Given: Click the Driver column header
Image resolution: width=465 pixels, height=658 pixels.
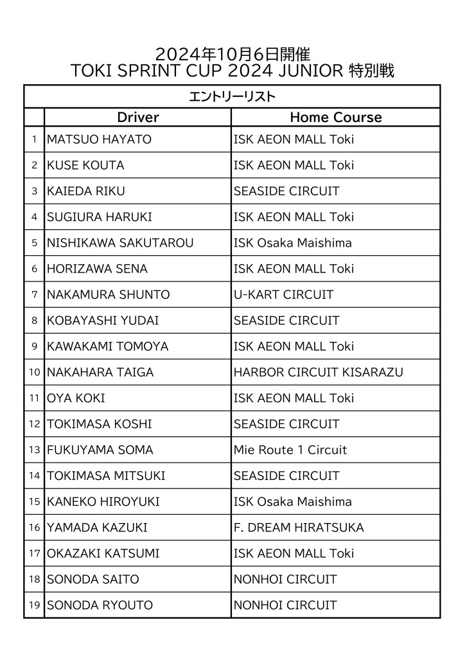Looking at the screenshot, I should (x=137, y=117).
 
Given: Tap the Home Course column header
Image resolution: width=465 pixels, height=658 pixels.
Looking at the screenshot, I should (x=335, y=117).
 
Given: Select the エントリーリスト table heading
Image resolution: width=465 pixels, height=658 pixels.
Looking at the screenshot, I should (x=232, y=97).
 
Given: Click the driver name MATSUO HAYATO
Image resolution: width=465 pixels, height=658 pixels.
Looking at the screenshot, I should (x=99, y=139).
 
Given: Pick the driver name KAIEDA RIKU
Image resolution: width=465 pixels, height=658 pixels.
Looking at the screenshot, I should (x=86, y=191).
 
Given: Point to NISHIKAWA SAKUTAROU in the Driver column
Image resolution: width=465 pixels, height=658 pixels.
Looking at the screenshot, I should (x=120, y=243).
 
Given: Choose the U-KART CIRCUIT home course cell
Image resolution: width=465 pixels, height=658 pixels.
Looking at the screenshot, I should (x=283, y=294).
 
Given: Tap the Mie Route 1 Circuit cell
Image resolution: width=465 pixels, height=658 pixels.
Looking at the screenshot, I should (x=290, y=450).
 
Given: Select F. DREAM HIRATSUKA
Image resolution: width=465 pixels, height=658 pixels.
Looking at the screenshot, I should (x=299, y=528).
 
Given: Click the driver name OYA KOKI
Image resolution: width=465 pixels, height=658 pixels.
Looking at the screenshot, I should (x=76, y=398).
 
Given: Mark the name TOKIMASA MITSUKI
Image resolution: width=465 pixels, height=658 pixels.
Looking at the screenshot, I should (x=106, y=476).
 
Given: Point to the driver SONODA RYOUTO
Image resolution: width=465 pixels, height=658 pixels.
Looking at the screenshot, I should (x=100, y=605).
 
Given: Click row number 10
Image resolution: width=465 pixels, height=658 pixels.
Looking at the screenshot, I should (x=34, y=372).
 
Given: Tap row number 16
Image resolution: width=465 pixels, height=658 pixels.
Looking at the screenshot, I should (x=34, y=528).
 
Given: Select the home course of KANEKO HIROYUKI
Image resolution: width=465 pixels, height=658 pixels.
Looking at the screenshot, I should (x=292, y=501).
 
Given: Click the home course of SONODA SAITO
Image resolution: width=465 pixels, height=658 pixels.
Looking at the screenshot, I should (x=285, y=579).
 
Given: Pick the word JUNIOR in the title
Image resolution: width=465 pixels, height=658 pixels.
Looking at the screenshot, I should (x=312, y=71).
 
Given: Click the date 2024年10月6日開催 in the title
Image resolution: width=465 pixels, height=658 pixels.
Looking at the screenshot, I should (x=232, y=54).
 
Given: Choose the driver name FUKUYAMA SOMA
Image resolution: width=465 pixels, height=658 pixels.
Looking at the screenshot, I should (x=100, y=450).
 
